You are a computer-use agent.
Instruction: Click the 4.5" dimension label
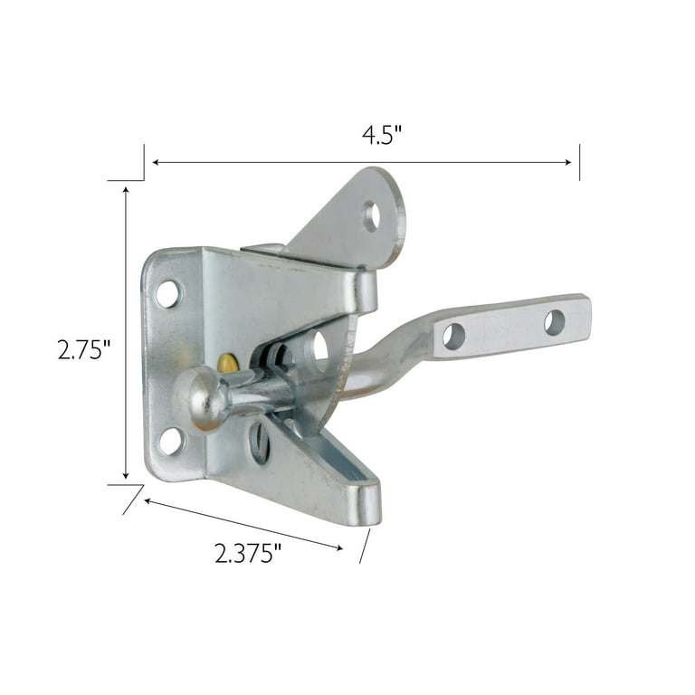click(x=381, y=135)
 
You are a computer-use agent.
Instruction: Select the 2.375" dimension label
click(x=248, y=553)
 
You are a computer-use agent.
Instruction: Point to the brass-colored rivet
click(x=228, y=363)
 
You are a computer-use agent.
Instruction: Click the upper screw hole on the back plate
click(x=169, y=294)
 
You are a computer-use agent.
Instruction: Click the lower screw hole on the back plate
click(x=171, y=441)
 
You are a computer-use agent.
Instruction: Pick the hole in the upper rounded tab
click(x=371, y=216)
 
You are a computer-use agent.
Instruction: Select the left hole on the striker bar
click(x=453, y=337)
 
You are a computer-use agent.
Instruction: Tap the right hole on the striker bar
click(x=555, y=322)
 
